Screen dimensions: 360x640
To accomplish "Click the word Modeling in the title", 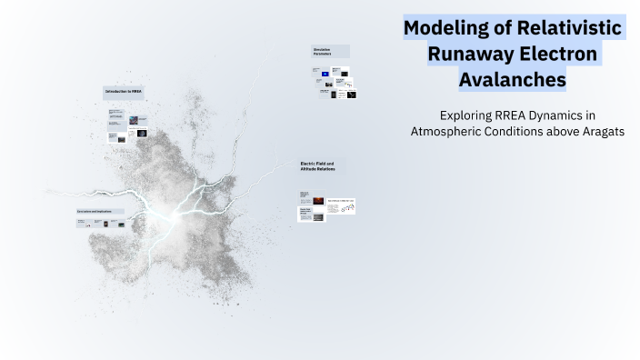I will (445, 28).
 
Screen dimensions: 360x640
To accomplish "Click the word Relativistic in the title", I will (568, 28).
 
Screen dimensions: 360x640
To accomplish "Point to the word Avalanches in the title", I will (513, 81).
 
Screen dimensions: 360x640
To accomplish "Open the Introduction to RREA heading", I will (123, 92).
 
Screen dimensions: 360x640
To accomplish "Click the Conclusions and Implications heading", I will (99, 212).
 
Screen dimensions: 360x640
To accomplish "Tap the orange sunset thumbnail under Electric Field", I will (318, 199).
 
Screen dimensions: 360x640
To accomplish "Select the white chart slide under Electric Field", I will (341, 207).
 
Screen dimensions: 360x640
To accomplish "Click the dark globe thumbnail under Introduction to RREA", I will (134, 120).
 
